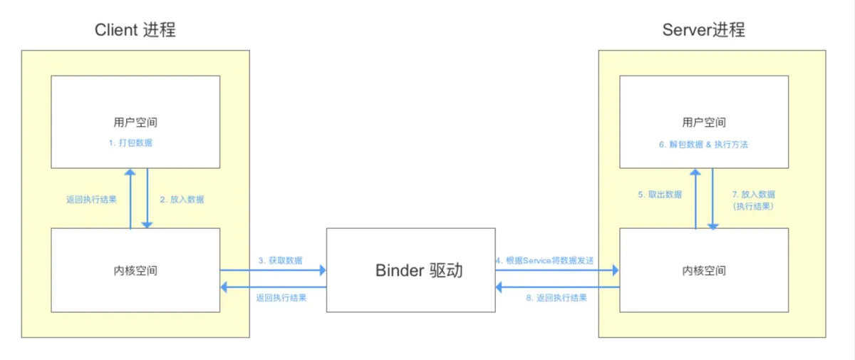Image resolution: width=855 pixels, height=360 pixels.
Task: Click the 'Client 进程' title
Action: pos(135,30)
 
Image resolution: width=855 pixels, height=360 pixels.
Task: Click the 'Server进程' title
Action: pos(703,30)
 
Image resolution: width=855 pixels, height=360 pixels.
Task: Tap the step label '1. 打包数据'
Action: pos(130,143)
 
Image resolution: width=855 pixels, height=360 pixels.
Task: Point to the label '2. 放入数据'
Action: pos(182,200)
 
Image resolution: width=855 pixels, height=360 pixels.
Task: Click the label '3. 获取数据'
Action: pos(280,261)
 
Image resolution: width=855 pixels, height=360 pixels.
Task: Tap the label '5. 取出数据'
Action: pos(660,194)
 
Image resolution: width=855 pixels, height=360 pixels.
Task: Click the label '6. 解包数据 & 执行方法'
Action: pos(703,144)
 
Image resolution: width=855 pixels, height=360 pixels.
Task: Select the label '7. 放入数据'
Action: pos(753,194)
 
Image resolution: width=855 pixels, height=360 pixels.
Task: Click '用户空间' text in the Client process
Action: pos(135,123)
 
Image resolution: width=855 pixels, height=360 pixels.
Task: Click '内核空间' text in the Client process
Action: pos(135,271)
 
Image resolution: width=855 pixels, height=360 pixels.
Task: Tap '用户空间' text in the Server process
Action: pos(703,123)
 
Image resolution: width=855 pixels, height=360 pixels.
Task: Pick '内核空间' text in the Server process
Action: pos(703,271)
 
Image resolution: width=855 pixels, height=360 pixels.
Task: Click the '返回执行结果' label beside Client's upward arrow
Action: pos(91,200)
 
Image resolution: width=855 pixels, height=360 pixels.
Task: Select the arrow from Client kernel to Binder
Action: pos(273,270)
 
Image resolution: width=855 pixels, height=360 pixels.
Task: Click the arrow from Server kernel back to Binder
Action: pos(557,287)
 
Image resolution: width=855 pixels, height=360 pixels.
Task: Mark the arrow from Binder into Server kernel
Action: pos(557,270)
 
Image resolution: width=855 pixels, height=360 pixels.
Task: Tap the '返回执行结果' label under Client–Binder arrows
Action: pos(281,298)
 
